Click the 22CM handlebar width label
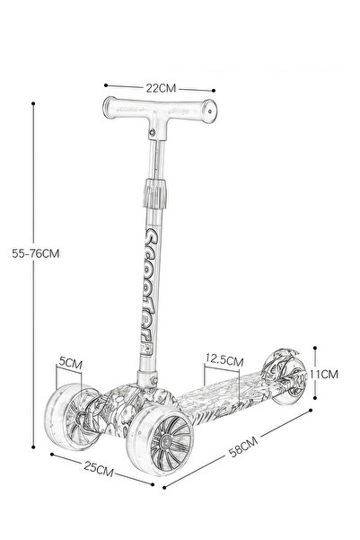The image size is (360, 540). [161, 88]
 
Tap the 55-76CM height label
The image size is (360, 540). [36, 253]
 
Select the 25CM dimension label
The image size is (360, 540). [99, 469]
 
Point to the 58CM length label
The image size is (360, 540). [243, 447]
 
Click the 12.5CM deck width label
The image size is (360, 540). [224, 359]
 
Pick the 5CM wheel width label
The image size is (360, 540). [71, 362]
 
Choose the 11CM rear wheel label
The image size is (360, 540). [324, 374]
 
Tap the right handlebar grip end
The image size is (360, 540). [209, 111]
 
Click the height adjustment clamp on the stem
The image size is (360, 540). [155, 194]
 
